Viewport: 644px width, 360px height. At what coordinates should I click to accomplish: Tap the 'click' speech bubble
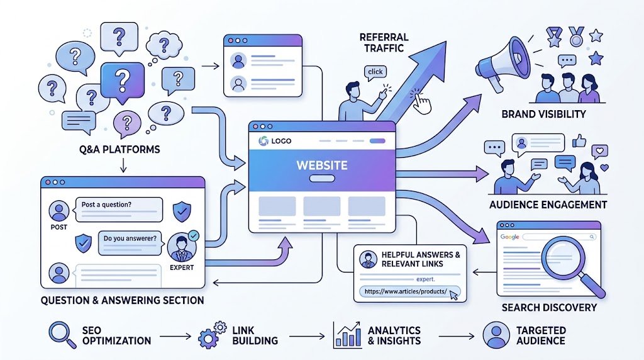tap(375, 72)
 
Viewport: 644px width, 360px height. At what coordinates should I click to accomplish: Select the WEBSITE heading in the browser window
tap(322, 165)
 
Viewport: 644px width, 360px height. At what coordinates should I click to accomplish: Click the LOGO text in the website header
tap(281, 141)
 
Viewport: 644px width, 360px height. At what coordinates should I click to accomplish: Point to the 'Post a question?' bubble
tap(118, 209)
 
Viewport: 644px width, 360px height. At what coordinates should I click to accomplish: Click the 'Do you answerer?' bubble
tap(130, 243)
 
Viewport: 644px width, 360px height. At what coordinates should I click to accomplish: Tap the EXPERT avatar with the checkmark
tap(182, 247)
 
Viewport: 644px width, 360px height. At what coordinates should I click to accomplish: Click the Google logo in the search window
tap(509, 237)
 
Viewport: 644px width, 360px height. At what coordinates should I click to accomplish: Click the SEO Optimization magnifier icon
tap(62, 335)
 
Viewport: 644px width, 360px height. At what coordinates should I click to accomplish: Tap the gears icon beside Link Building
tap(212, 335)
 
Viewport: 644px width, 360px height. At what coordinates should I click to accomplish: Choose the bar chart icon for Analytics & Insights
tap(347, 335)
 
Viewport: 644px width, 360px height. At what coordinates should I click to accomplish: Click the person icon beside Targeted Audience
tap(496, 335)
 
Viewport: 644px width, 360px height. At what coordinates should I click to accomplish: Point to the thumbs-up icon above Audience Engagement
tap(579, 140)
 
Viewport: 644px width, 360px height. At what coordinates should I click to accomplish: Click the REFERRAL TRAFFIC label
tap(384, 43)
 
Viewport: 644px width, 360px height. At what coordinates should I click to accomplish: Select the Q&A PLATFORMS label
tap(119, 149)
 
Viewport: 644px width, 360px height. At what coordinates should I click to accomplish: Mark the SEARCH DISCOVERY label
tap(549, 307)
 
